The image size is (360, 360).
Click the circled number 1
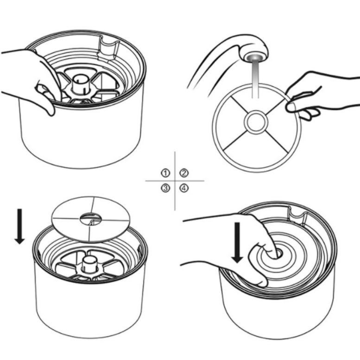165,173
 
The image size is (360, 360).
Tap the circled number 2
184,173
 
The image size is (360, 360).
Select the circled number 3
165,188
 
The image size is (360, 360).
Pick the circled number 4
184,188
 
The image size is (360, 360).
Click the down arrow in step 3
20,226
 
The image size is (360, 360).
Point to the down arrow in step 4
237,242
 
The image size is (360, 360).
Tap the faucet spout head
254,52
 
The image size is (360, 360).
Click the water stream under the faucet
255,78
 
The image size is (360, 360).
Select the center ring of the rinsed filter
256,122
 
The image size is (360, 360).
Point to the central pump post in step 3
89,264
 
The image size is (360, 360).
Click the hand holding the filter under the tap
322,96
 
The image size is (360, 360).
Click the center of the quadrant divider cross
175,181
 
